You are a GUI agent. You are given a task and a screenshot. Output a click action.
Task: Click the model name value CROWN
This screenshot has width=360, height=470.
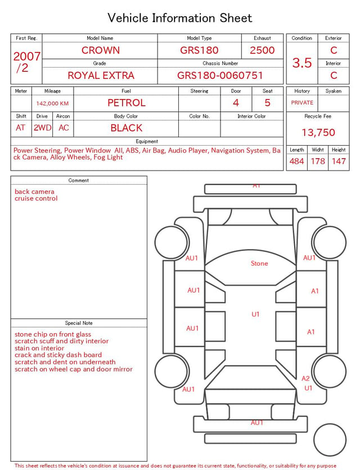point(101,50)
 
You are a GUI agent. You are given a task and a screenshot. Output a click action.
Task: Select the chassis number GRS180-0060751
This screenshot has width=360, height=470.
point(220,75)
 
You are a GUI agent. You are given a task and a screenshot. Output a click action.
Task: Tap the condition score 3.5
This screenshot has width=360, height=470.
point(302,63)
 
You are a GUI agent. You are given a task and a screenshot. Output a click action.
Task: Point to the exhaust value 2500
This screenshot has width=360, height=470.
point(262,50)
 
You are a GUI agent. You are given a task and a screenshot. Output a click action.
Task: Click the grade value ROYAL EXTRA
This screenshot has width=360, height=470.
point(101,75)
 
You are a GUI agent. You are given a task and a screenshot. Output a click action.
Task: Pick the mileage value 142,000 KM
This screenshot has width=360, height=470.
point(52,104)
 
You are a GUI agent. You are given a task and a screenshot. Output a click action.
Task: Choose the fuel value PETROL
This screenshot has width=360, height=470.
point(127,103)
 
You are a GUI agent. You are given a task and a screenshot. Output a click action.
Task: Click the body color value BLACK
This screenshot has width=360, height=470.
point(127,128)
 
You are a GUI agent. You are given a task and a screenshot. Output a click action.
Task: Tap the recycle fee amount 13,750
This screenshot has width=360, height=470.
point(318,132)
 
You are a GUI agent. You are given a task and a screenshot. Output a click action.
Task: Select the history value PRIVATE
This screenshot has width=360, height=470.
point(302,102)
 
